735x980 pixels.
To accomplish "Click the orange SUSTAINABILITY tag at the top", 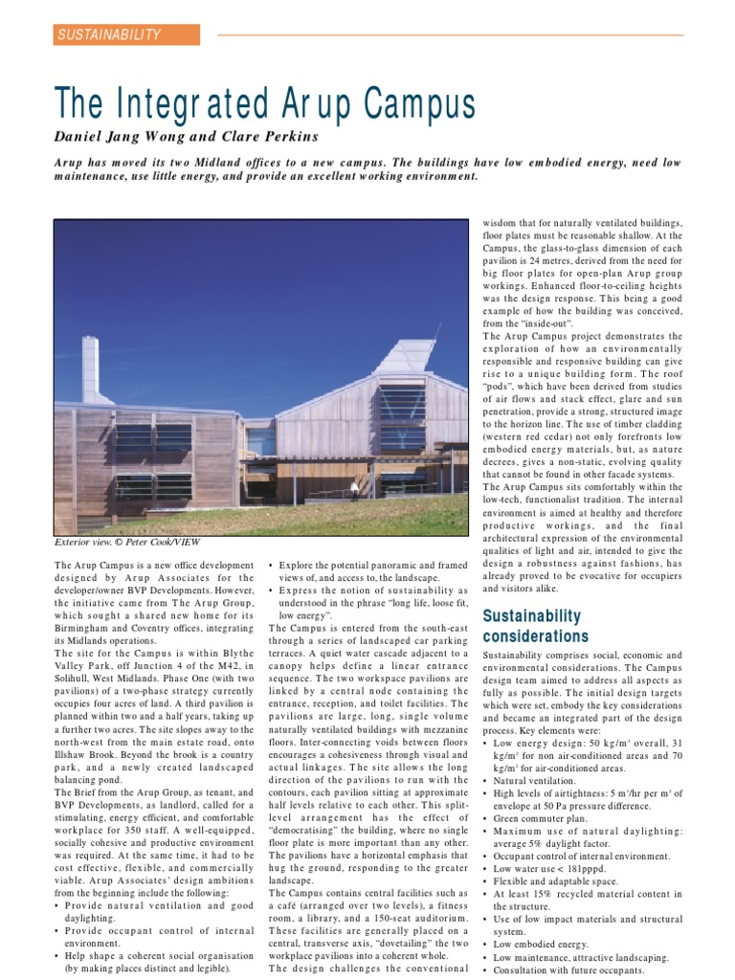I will pos(126,35).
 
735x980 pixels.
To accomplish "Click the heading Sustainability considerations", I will pos(535,626).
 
